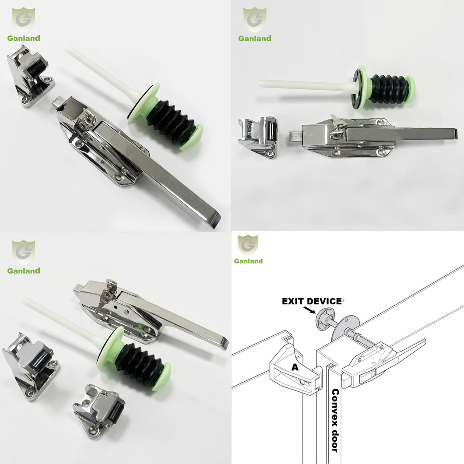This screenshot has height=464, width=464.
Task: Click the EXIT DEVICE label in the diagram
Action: pos(312,301)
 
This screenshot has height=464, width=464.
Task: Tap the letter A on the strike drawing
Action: pos(295,367)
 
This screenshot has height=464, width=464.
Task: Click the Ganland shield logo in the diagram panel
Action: pos(248,245)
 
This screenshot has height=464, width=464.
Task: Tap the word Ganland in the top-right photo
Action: pos(255,38)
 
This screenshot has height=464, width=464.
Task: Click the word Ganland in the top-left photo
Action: pos(24,38)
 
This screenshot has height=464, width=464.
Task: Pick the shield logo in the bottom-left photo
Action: pos(24,252)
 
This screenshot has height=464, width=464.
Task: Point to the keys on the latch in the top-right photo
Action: pos(337,126)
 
